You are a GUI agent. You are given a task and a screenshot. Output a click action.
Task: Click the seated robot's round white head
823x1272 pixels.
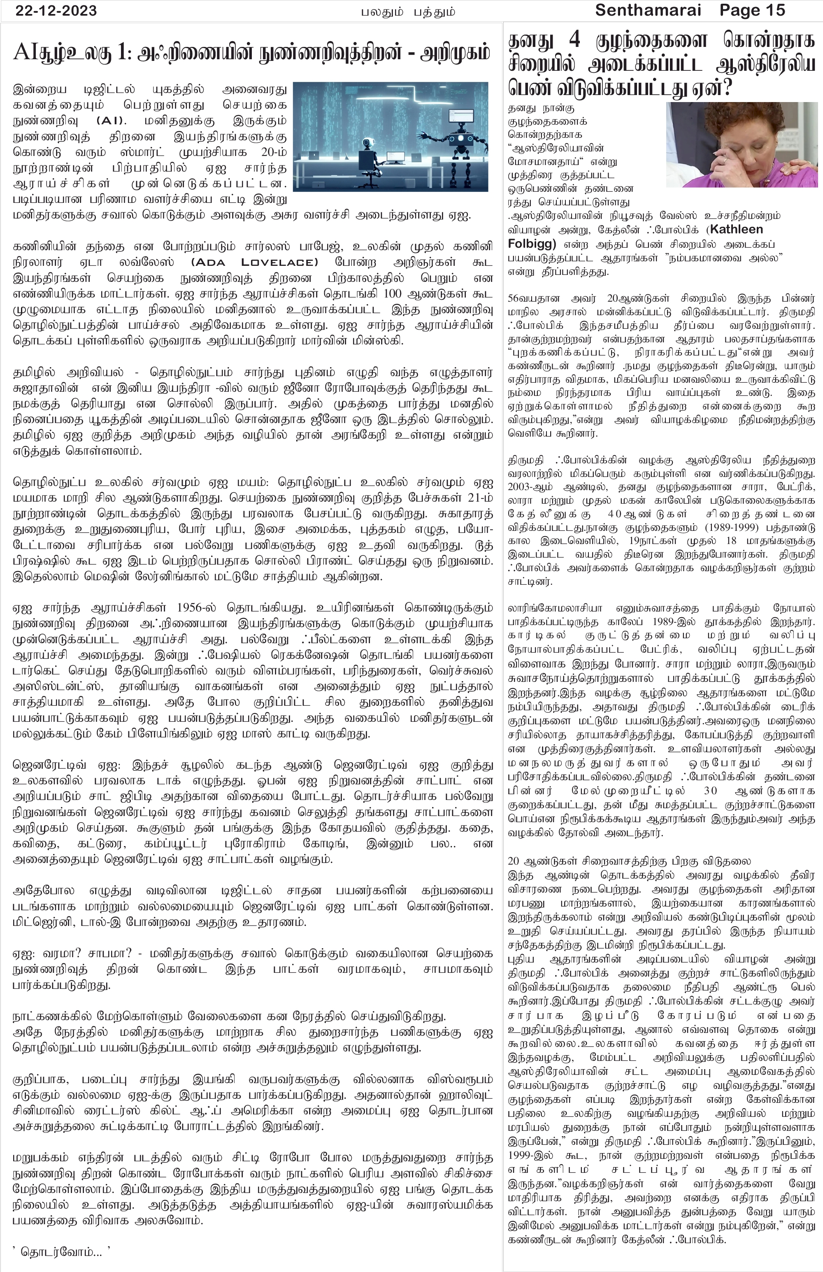[367, 143]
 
